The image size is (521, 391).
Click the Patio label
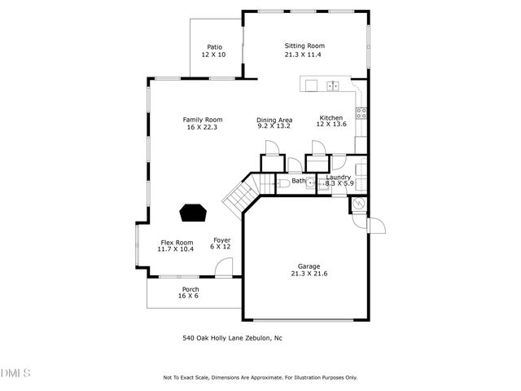(213, 47)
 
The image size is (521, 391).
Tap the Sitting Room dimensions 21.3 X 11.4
(304, 55)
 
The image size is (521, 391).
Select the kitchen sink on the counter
(332, 85)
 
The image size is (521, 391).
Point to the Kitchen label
(331, 118)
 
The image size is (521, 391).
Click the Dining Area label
(274, 120)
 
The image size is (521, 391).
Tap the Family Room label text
(203, 120)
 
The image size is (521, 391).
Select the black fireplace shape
(193, 213)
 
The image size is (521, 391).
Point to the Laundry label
(338, 177)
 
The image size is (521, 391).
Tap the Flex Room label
(176, 242)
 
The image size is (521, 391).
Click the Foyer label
(221, 239)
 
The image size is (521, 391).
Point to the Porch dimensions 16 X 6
(188, 296)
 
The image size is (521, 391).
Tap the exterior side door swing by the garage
(375, 224)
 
